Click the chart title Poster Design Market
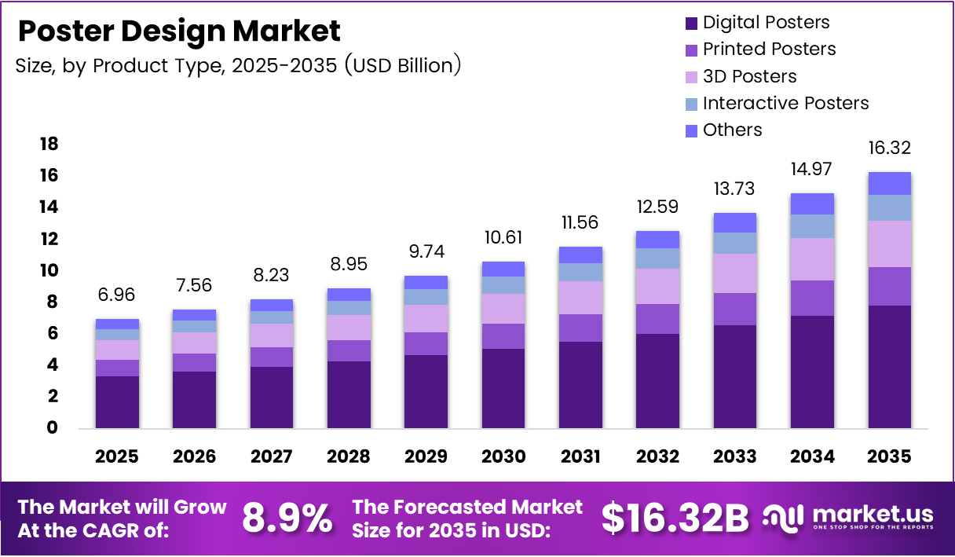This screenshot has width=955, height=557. (x=179, y=31)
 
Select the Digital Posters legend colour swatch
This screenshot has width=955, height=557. (x=691, y=23)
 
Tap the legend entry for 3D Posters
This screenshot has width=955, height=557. (x=749, y=76)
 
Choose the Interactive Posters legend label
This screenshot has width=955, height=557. (x=785, y=103)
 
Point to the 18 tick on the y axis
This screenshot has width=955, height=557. (x=49, y=144)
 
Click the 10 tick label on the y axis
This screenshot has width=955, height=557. (x=49, y=270)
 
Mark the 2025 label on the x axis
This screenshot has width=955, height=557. (x=117, y=456)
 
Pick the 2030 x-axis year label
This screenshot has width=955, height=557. (x=503, y=456)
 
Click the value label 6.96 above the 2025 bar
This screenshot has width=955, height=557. (x=117, y=295)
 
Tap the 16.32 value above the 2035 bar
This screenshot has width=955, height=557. (x=890, y=148)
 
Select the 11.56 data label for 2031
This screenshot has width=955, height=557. (x=580, y=222)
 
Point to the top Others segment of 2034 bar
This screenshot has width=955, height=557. (x=812, y=203)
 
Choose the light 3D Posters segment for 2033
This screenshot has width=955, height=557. (x=735, y=273)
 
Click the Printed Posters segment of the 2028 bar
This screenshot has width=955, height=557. (x=349, y=350)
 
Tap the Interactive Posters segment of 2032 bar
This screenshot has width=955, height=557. (x=657, y=258)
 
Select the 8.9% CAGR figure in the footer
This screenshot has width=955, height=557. (x=287, y=518)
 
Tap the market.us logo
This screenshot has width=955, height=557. (x=848, y=517)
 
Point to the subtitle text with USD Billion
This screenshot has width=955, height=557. (x=238, y=65)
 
